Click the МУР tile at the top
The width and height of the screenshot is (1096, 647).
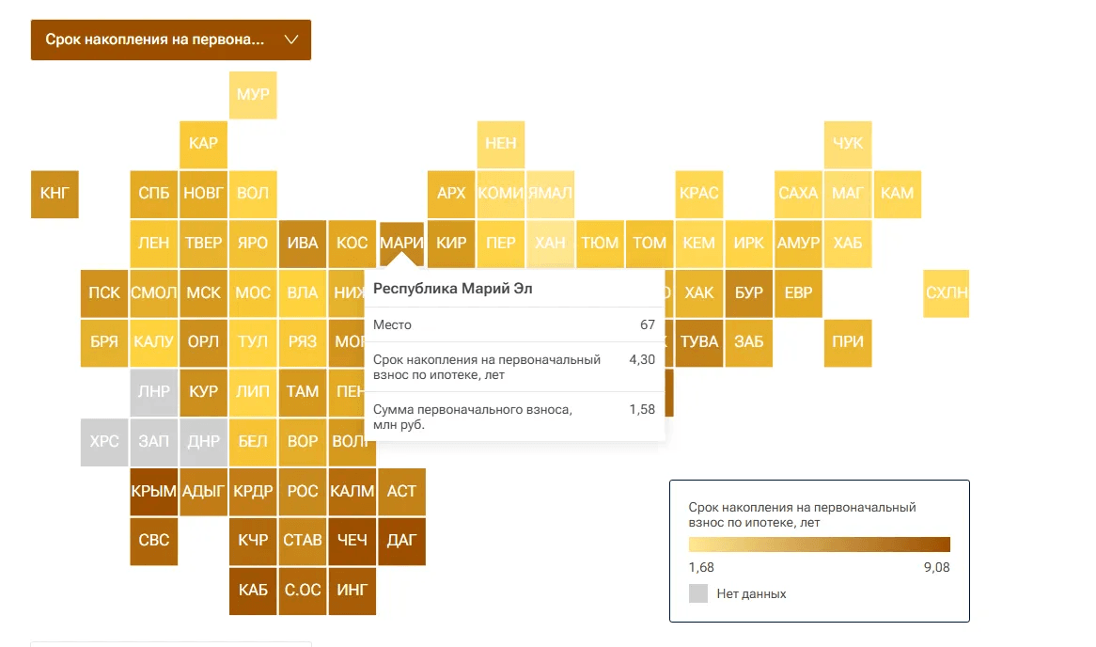pos(253,95)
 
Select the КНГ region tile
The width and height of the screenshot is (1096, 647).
pos(55,194)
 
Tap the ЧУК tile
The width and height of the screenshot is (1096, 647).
pos(848,144)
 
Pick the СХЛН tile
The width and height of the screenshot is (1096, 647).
pos(946,292)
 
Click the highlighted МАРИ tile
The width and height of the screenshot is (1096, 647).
pos(401,243)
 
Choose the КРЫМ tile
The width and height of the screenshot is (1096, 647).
pos(154,491)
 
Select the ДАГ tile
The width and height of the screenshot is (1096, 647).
pos(401,541)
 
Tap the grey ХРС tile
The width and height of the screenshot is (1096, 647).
pos(104,441)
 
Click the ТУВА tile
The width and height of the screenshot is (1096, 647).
pos(699,342)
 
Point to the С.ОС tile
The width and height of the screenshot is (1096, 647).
pos(303,591)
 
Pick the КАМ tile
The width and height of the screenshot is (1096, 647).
pos(898,194)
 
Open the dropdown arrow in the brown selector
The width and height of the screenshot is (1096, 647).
pos(290,39)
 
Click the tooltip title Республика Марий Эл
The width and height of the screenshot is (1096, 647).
pos(453,289)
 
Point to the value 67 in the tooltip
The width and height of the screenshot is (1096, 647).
pos(647,324)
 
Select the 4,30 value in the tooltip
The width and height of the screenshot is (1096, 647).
pos(642,360)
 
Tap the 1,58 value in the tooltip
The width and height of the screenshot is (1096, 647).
pos(642,410)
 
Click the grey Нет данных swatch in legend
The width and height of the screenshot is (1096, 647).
pos(698,593)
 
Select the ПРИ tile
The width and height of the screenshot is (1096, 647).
pos(848,342)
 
